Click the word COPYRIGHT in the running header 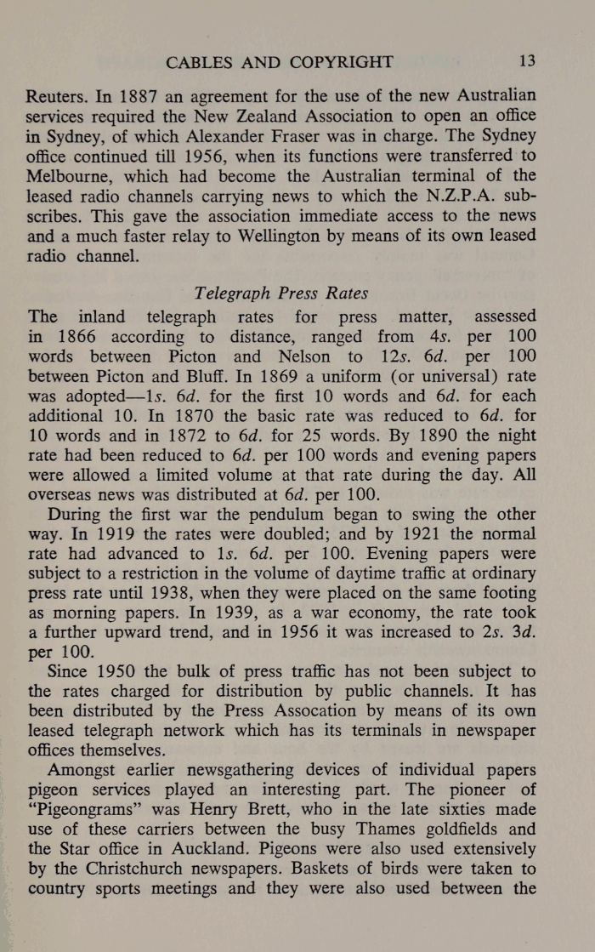click(339, 62)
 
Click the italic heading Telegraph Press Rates click(280, 294)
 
